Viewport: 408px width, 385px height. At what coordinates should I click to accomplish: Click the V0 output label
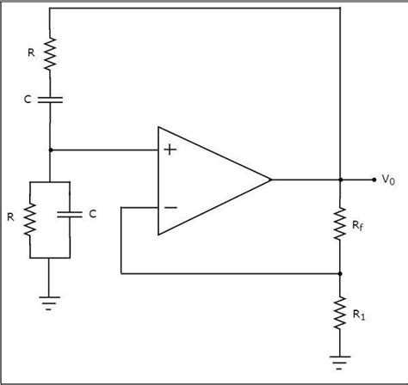tap(388, 180)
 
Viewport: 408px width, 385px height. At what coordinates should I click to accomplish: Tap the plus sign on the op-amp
tap(170, 150)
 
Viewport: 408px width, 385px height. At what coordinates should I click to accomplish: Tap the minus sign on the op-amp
tap(170, 207)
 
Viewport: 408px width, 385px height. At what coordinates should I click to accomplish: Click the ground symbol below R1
tap(342, 358)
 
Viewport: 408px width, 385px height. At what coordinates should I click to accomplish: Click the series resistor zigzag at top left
tap(49, 53)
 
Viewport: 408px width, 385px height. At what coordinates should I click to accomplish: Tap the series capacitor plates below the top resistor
tap(49, 100)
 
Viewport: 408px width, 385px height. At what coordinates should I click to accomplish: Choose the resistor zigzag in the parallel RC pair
tap(30, 218)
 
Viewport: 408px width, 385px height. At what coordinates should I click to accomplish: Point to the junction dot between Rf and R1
tap(342, 274)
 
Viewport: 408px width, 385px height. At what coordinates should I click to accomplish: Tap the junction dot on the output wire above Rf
tap(342, 180)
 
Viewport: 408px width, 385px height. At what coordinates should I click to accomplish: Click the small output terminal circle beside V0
tap(374, 180)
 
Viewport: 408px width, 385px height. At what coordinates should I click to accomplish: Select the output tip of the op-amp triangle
tap(271, 180)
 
